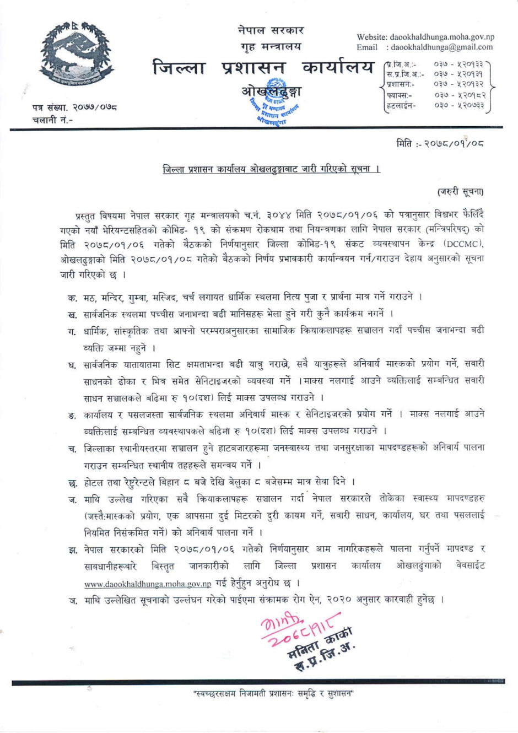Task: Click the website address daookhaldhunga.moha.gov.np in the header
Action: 442,37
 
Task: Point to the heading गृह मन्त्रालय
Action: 271,47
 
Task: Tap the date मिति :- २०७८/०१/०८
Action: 440,144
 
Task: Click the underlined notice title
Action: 271,169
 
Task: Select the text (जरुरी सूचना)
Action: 461,192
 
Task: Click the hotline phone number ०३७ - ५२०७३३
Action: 459,105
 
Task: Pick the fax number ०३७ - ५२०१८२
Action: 459,95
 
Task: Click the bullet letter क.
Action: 72,298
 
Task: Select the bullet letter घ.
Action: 72,364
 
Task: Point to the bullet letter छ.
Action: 72,483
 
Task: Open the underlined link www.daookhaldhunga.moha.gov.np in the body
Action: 148,584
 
